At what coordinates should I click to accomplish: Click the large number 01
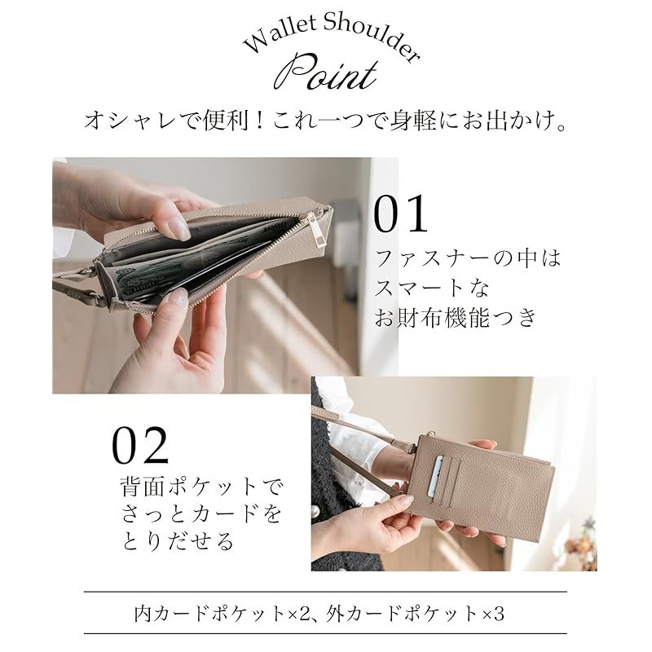400,214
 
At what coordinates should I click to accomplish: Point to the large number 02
140,445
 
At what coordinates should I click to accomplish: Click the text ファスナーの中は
468,260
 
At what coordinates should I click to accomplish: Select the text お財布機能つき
456,318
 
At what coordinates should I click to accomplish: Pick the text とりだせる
178,540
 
